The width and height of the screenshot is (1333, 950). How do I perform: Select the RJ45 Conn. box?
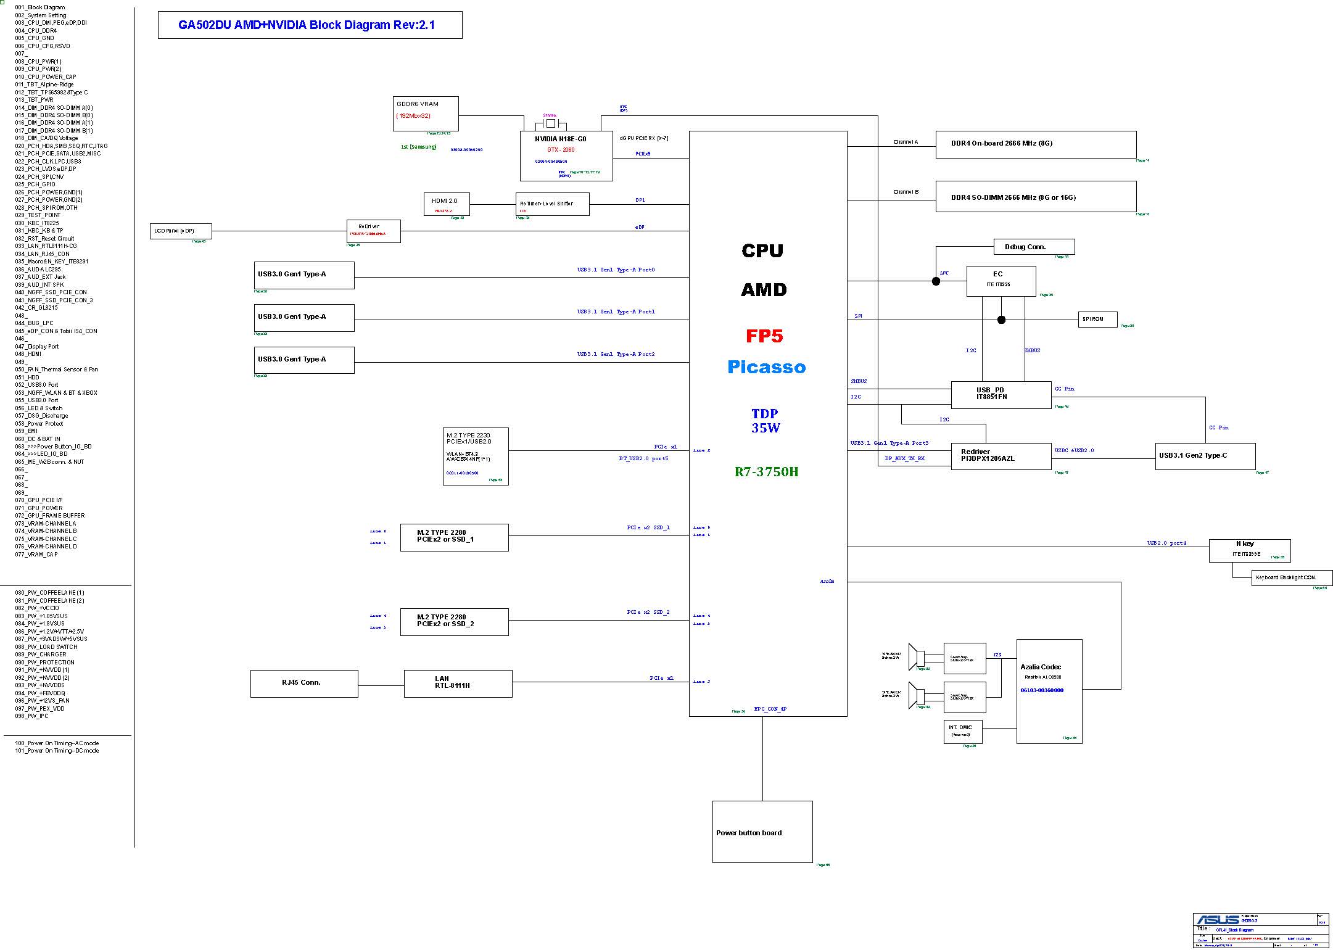303,684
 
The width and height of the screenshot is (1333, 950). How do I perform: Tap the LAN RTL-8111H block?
458,684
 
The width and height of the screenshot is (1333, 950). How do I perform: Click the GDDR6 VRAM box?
426,114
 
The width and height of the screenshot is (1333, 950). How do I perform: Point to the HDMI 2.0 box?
447,204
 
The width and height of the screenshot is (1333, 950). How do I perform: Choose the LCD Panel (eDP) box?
181,231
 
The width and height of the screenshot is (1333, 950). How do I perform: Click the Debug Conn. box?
1034,247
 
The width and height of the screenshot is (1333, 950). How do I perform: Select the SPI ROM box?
1098,319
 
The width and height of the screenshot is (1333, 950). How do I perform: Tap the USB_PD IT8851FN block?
1001,394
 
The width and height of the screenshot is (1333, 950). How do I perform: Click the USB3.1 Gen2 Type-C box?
1205,456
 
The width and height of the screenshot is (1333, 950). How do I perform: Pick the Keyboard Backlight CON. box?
1292,578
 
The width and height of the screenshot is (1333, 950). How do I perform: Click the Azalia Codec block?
1049,691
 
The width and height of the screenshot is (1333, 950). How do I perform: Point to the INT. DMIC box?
962,731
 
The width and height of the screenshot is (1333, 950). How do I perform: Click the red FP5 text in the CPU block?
764,336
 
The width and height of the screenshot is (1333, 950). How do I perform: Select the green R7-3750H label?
766,472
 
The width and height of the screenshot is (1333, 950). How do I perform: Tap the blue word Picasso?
766,368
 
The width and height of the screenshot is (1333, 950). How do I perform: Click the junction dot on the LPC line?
936,281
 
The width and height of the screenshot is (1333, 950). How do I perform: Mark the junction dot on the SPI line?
1001,320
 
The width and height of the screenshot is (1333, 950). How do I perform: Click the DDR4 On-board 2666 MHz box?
1036,144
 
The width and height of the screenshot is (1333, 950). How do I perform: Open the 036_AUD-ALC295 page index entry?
38,270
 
